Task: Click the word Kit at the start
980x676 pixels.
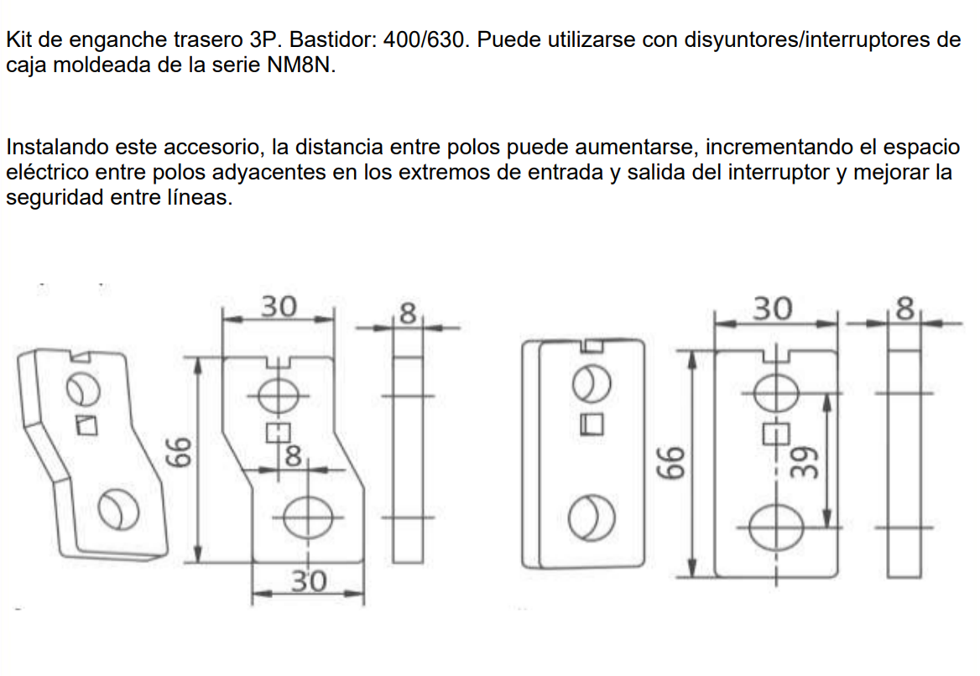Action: click(x=18, y=40)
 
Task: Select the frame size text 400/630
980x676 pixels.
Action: click(x=425, y=40)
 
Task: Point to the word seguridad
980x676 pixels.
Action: click(x=55, y=197)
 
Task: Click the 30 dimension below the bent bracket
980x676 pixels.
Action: click(x=309, y=581)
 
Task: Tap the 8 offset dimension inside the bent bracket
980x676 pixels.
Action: click(x=293, y=457)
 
